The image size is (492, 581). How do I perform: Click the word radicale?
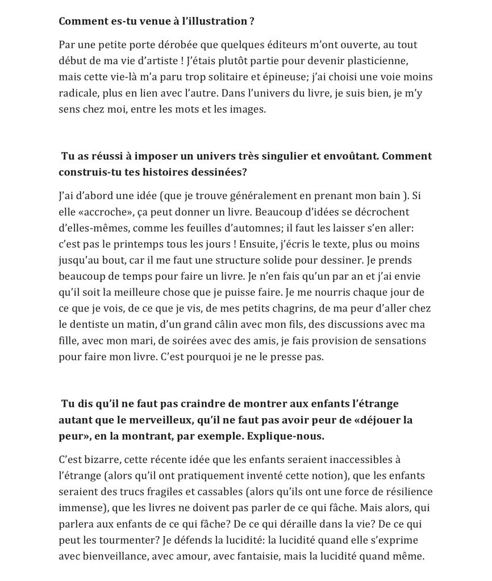pyautogui.click(x=78, y=93)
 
